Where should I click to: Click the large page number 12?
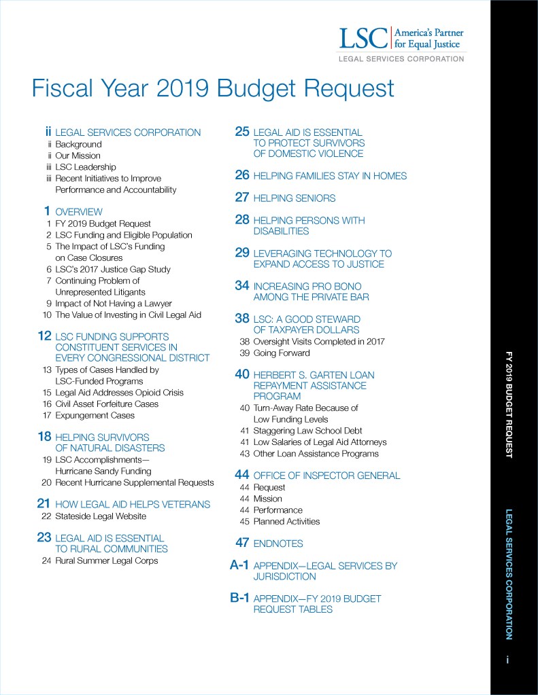tap(45, 336)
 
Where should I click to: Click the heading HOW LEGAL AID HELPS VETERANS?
tap(133, 504)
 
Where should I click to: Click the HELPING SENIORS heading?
tap(294, 198)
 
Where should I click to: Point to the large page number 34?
tap(242, 286)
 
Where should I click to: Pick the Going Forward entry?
tap(281, 353)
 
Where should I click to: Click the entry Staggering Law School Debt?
tap(307, 431)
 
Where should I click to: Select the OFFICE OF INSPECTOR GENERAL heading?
tap(326, 476)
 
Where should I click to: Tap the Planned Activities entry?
tap(286, 522)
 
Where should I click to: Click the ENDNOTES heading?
tap(278, 543)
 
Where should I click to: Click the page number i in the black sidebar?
tap(507, 660)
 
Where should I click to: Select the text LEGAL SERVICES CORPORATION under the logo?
tap(401, 59)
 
